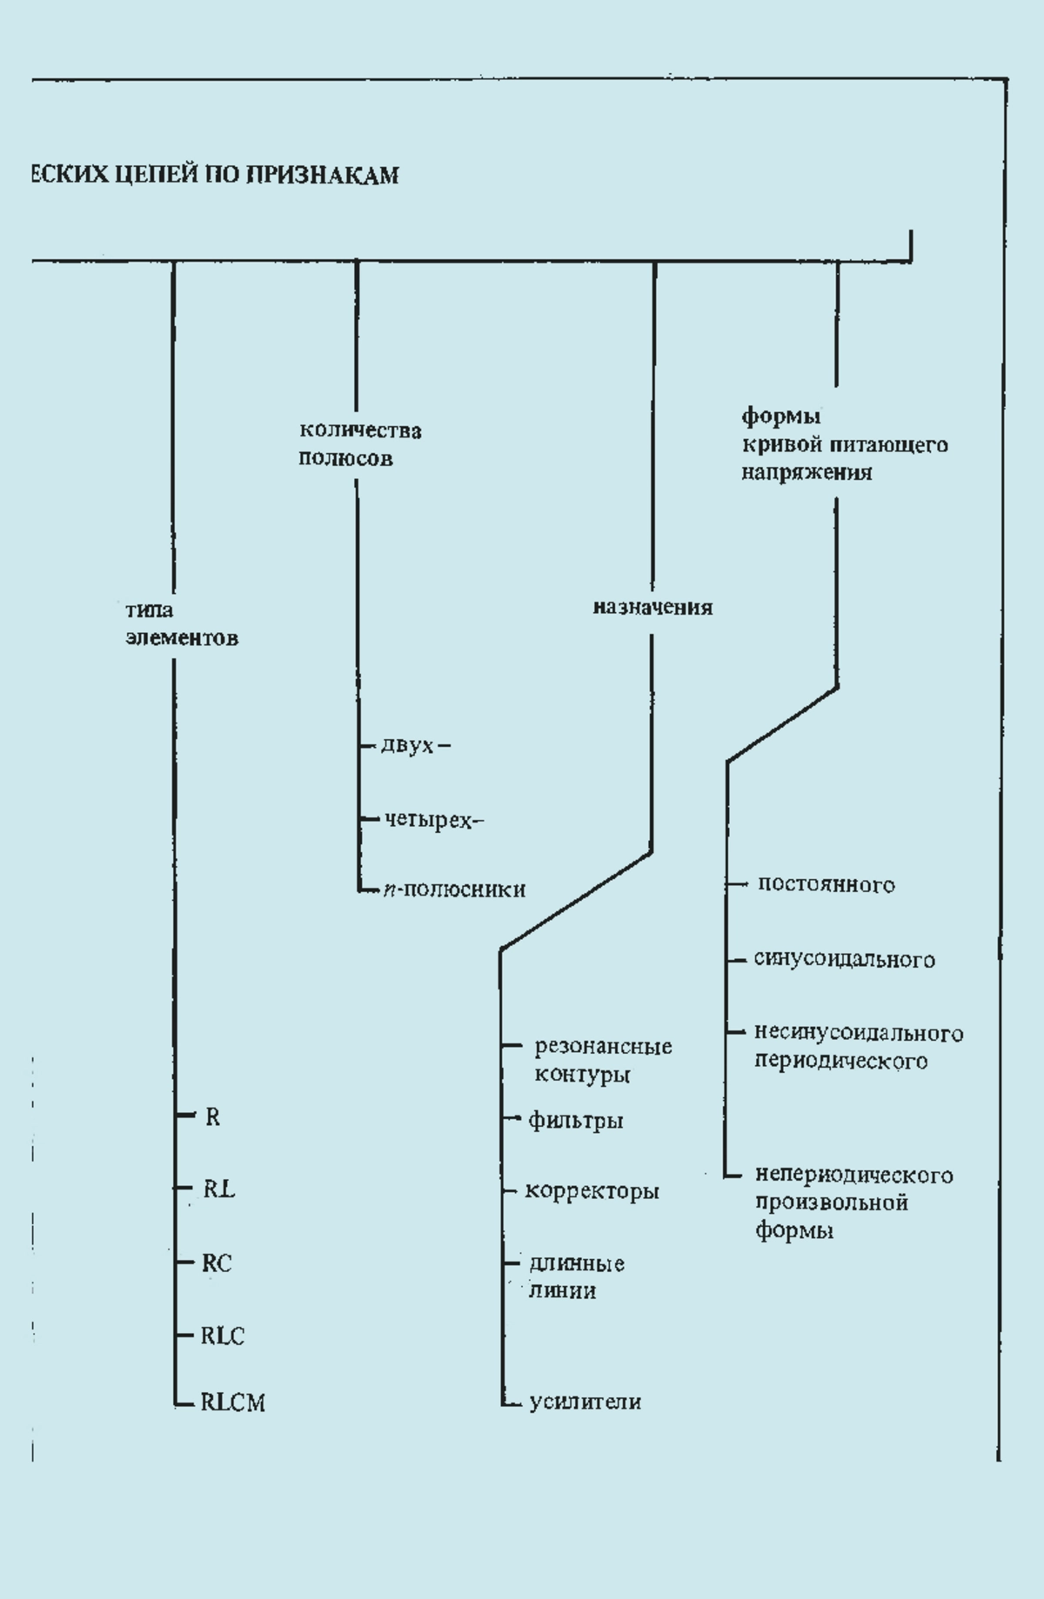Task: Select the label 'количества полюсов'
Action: pos(360,444)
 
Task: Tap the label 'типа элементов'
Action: pos(182,624)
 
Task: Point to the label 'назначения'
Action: pos(652,608)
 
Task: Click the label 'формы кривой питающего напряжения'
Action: pos(845,444)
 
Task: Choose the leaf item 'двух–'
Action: pos(416,745)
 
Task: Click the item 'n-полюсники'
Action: pos(454,889)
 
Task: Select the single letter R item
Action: pos(212,1117)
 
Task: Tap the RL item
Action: pos(219,1189)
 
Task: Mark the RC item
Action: pos(217,1263)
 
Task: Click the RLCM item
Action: pos(233,1402)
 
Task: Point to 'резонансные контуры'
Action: pos(603,1060)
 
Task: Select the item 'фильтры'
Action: pos(576,1120)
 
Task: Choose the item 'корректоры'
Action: pos(592,1190)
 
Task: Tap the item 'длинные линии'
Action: pos(577,1276)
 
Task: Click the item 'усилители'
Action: pos(586,1402)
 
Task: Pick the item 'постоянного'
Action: pos(826,884)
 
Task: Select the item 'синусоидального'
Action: pos(845,959)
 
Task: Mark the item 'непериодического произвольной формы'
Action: pos(854,1203)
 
